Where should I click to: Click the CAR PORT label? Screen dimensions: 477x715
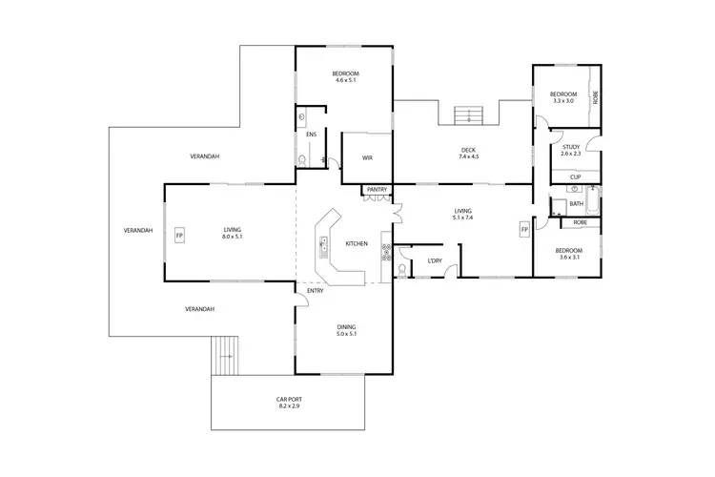click(x=289, y=400)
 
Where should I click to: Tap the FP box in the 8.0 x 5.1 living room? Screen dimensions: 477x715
click(x=179, y=234)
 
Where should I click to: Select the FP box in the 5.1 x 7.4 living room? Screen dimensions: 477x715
click(x=523, y=230)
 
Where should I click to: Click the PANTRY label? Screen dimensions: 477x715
click(x=377, y=190)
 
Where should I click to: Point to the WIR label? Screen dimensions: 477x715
click(x=366, y=158)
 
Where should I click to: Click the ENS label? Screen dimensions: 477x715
click(x=311, y=135)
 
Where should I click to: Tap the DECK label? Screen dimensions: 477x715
click(x=468, y=149)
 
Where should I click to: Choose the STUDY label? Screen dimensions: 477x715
click(x=570, y=146)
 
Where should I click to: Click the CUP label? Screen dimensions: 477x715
click(x=575, y=176)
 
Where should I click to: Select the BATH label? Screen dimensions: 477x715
click(x=576, y=203)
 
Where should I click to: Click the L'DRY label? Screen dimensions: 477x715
click(x=435, y=260)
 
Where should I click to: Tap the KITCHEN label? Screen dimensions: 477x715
click(x=357, y=244)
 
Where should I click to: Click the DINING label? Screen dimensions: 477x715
click(x=345, y=327)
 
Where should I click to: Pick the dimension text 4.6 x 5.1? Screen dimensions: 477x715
click(x=344, y=80)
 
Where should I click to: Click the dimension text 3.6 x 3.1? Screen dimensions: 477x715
click(x=568, y=257)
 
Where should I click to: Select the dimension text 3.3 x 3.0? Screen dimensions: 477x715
click(x=562, y=100)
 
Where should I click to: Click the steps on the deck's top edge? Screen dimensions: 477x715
click(x=467, y=114)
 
